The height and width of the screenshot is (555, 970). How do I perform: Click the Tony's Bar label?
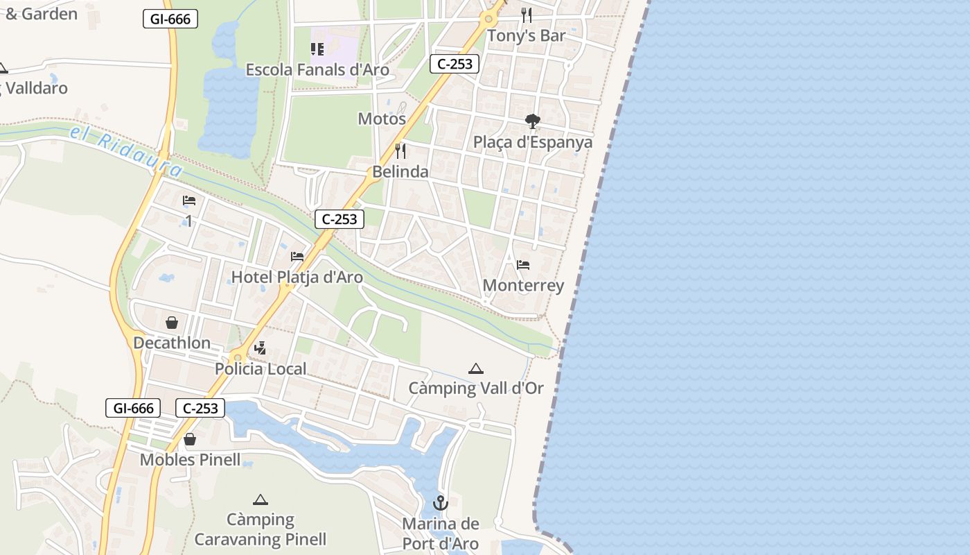click(526, 35)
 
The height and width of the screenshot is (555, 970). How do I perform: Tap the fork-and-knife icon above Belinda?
click(400, 151)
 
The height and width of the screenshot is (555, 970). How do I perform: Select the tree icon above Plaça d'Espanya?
click(532, 121)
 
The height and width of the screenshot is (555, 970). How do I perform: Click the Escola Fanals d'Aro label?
click(317, 70)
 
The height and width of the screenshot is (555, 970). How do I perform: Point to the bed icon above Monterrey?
click(523, 265)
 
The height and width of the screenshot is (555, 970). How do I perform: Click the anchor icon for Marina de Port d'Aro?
click(440, 503)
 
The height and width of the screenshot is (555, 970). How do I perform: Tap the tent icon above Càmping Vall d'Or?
click(475, 368)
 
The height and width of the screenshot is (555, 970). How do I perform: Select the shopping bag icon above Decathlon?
click(171, 323)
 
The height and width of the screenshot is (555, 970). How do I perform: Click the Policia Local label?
click(261, 369)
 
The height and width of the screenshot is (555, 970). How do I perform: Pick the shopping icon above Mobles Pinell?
click(190, 439)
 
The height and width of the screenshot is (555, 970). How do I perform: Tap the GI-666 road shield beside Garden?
click(170, 19)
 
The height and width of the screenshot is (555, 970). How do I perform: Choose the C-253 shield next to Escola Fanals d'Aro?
click(455, 64)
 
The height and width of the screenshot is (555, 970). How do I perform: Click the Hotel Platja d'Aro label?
click(297, 277)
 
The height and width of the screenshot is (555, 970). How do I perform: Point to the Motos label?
click(381, 119)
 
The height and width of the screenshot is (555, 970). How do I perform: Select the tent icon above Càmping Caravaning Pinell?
click(261, 499)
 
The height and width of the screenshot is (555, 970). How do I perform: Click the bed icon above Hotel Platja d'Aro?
click(297, 257)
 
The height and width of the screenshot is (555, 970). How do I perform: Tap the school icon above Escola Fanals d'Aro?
click(317, 49)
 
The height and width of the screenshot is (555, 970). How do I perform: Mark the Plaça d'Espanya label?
click(532, 142)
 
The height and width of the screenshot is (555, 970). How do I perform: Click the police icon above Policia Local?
click(261, 348)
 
